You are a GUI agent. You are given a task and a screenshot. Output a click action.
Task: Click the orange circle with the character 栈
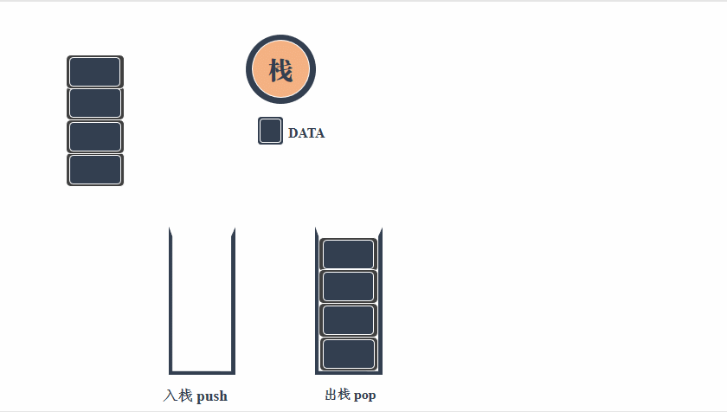point(280,69)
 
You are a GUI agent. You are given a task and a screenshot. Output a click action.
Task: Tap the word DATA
point(306,133)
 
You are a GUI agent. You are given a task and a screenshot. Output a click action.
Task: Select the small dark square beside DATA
point(270,131)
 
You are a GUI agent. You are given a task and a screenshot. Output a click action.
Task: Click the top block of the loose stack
point(95,72)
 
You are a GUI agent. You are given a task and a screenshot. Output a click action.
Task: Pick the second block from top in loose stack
point(95,104)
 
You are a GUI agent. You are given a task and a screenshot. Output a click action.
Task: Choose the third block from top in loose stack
point(95,137)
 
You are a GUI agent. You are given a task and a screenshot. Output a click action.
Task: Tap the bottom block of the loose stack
point(95,170)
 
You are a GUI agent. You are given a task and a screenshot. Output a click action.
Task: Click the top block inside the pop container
point(348,254)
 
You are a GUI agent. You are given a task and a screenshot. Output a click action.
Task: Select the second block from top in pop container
point(348,287)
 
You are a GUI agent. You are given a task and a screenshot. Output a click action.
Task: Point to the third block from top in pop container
point(348,320)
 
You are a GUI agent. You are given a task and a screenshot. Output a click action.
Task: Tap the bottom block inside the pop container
point(348,353)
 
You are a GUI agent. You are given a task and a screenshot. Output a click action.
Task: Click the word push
point(212,396)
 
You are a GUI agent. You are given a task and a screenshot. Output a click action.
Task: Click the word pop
point(364,396)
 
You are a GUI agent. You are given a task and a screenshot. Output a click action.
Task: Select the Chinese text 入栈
point(177,396)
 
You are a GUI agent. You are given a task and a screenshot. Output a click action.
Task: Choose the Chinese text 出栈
point(338,396)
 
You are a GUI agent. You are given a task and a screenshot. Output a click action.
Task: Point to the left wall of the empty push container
point(171,299)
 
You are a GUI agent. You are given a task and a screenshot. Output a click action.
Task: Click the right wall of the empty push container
point(233,299)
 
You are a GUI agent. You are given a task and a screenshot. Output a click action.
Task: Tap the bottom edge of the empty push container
point(202,371)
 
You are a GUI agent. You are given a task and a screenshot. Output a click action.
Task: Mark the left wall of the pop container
point(317,299)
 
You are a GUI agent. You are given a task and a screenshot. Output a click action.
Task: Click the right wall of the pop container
point(380,299)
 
